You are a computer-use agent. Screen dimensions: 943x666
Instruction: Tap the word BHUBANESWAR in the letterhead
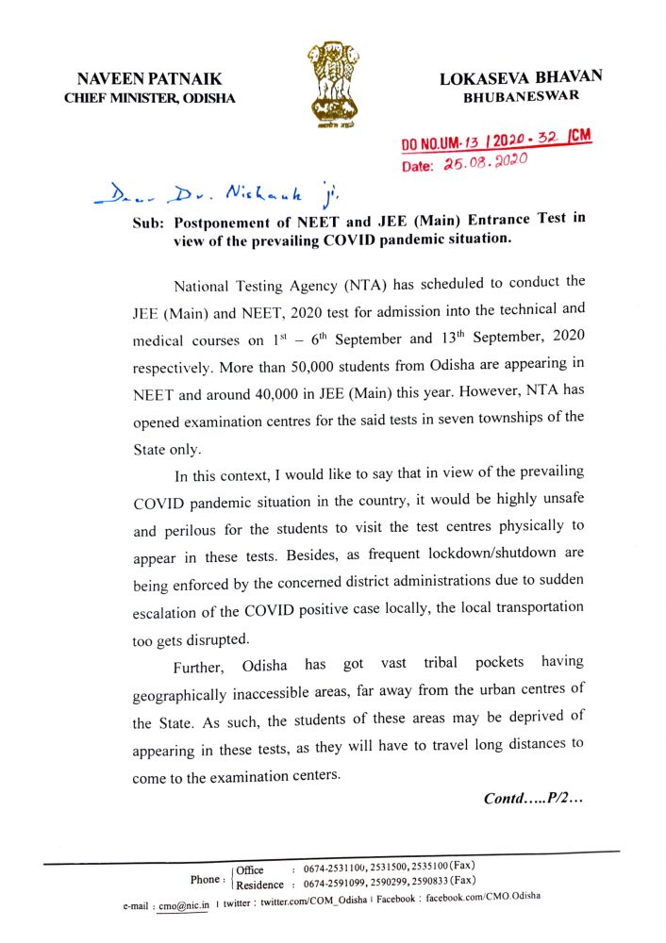(521, 97)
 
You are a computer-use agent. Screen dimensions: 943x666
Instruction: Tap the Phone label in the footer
(206, 879)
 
